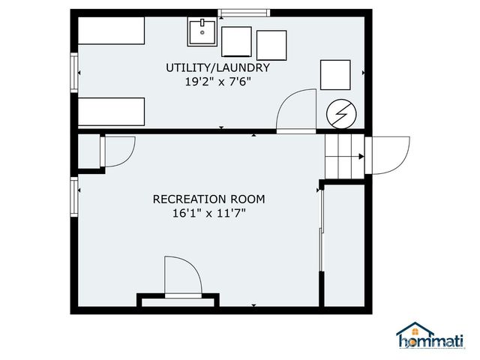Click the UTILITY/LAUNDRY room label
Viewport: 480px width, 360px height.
217,67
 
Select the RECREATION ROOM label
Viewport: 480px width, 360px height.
208,199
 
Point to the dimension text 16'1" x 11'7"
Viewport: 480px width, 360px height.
208,213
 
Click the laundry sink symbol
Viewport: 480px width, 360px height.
202,33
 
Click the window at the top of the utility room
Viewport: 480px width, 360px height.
243,12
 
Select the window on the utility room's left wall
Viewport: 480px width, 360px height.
74,71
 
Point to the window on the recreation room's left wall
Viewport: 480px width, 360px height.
74,196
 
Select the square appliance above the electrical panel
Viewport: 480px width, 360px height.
335,74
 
